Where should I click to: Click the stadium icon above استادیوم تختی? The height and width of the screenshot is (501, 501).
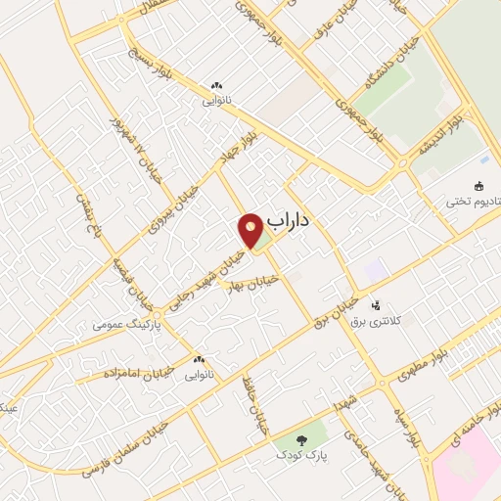(x=478, y=186)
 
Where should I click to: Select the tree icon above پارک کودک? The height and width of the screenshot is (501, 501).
(x=298, y=440)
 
